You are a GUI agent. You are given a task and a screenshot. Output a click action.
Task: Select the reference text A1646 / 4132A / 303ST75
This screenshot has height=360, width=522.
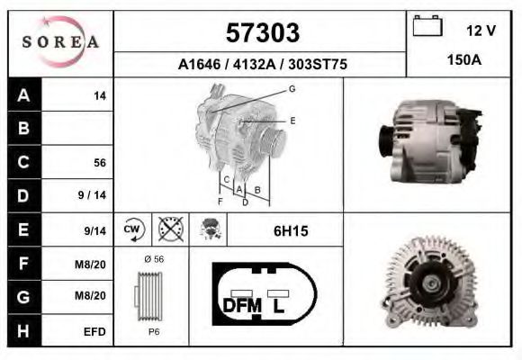pos(263,65)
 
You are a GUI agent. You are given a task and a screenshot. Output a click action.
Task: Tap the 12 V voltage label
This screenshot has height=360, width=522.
pos(481,31)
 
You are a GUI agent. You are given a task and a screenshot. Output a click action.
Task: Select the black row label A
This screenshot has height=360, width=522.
pos(23,95)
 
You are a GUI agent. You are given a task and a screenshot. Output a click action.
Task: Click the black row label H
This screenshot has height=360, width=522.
pos(23,331)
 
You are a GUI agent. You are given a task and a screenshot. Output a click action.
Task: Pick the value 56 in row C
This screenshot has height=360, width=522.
pos(100,163)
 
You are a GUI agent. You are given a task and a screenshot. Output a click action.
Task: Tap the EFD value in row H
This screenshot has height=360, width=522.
pos(95,331)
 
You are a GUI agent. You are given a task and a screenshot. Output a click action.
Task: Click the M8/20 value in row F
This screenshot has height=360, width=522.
pos(94,264)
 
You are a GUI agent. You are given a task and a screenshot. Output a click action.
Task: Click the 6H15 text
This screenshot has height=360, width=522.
pos(291,230)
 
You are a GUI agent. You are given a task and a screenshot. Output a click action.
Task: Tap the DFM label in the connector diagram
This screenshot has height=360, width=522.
pos(241,306)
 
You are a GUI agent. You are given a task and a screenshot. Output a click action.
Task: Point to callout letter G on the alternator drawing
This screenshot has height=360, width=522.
pos(292,88)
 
